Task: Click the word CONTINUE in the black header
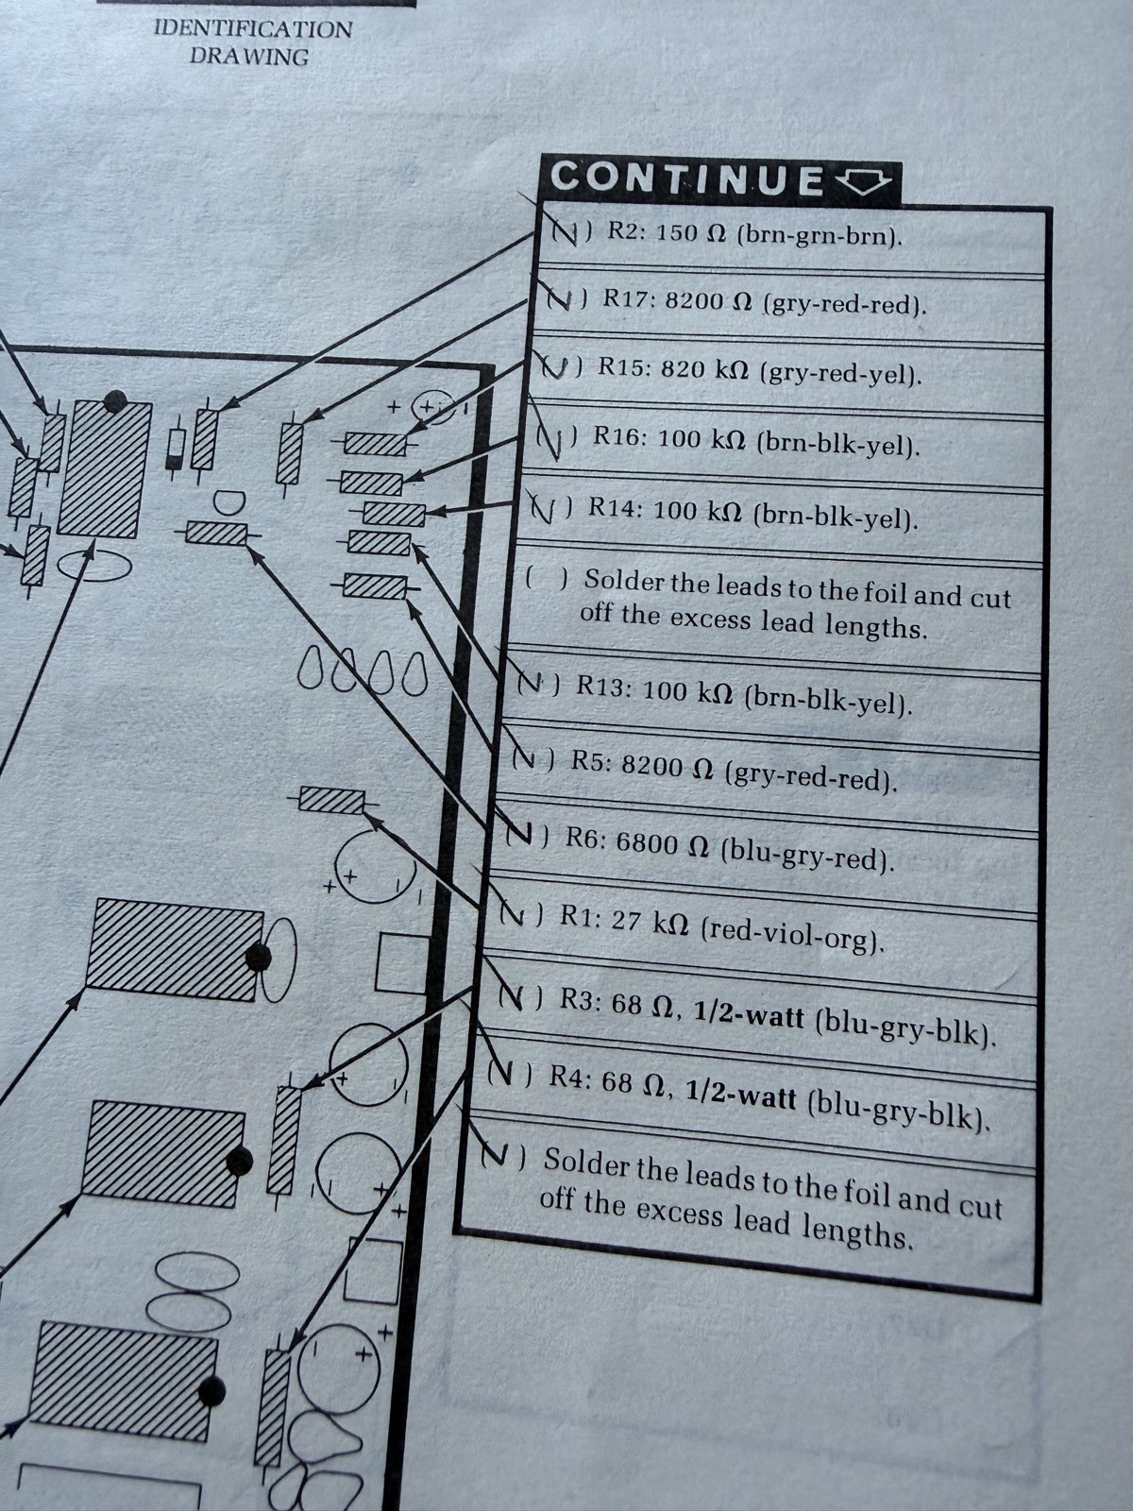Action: (x=686, y=179)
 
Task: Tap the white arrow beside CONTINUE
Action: (x=863, y=181)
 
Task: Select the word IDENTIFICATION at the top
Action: (x=253, y=29)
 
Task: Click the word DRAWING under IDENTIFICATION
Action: (x=249, y=57)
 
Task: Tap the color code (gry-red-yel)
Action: (x=840, y=373)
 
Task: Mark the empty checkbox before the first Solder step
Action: (x=547, y=579)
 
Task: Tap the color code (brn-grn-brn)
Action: (x=819, y=236)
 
